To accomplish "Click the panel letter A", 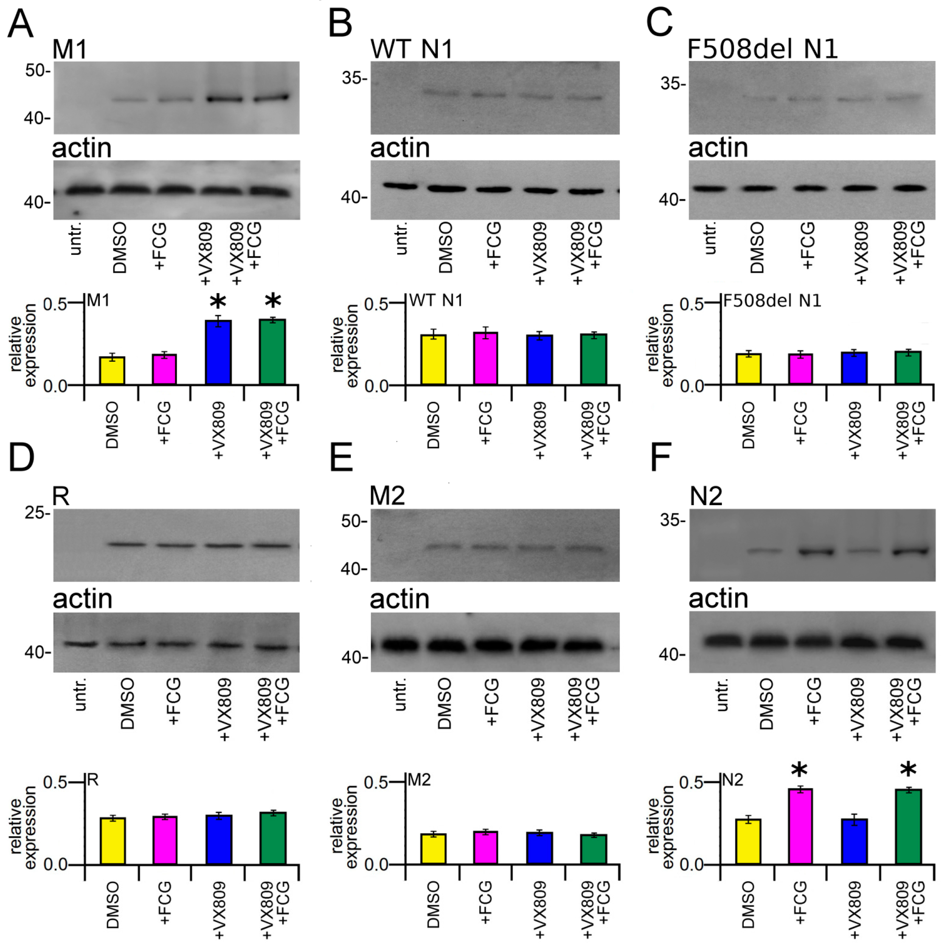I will pyautogui.click(x=21, y=24).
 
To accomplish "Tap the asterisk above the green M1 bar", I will pyautogui.click(x=273, y=300).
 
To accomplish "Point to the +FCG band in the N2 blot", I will pyautogui.click(x=816, y=551).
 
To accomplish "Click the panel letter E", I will pyautogui.click(x=341, y=457).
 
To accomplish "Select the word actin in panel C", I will pyautogui.click(x=718, y=147).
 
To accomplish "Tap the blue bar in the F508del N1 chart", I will pyautogui.click(x=854, y=368).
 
